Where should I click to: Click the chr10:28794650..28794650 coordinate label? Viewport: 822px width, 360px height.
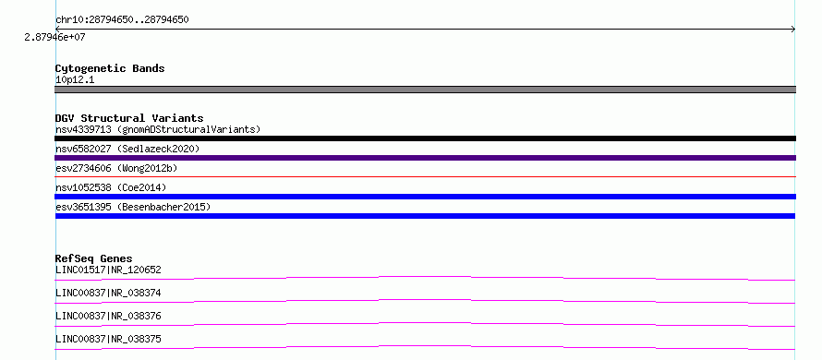coord(122,20)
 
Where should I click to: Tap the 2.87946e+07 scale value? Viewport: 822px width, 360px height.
coord(54,37)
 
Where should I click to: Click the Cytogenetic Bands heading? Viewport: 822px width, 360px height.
coord(110,68)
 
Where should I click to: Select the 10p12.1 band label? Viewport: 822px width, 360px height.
coord(75,80)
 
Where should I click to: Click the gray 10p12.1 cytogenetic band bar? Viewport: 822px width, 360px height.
coord(425,90)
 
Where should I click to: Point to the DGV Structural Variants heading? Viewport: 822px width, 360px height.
coord(129,118)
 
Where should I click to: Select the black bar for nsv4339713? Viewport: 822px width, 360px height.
coord(425,138)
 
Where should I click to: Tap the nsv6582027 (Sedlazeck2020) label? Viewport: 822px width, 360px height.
coord(127,149)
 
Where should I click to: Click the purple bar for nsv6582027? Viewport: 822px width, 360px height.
coord(425,158)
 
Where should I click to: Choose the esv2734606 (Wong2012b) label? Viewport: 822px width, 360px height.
coord(117,168)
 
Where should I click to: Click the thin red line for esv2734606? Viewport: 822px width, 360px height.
coord(425,177)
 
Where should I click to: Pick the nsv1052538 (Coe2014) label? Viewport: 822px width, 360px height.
coord(111,187)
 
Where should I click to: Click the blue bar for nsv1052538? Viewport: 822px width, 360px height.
coord(425,197)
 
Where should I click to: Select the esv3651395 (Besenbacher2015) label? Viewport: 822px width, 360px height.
coord(133,207)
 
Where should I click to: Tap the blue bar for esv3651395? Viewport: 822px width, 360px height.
coord(425,216)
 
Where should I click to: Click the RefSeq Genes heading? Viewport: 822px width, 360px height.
coord(94,258)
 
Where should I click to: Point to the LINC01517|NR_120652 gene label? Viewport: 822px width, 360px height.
coord(108,270)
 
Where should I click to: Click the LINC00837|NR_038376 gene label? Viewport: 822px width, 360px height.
coord(108,316)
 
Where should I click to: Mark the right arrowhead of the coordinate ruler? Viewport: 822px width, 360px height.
coord(793,30)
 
